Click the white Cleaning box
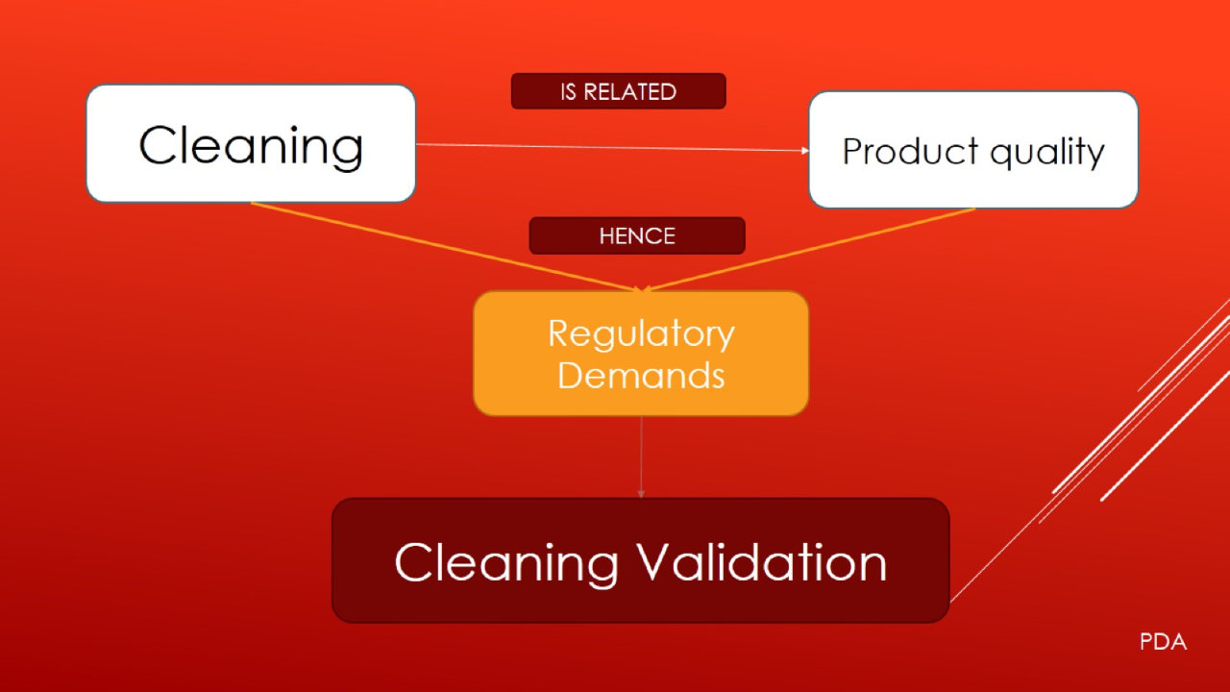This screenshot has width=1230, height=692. (x=251, y=143)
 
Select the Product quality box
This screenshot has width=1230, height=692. (x=972, y=151)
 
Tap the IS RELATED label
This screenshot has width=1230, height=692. (x=618, y=91)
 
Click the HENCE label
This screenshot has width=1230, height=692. (x=636, y=235)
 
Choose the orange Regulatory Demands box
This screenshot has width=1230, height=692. (x=640, y=354)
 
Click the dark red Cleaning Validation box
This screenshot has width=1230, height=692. (x=640, y=560)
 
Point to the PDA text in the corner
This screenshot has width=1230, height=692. (x=1163, y=642)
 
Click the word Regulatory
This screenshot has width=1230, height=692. (x=641, y=334)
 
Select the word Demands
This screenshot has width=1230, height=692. (x=641, y=375)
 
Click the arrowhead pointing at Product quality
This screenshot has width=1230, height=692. (x=804, y=151)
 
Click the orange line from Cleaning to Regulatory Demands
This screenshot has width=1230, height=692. (x=442, y=246)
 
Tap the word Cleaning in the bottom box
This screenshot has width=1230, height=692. (x=505, y=561)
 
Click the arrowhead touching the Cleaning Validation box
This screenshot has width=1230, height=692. (x=641, y=494)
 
